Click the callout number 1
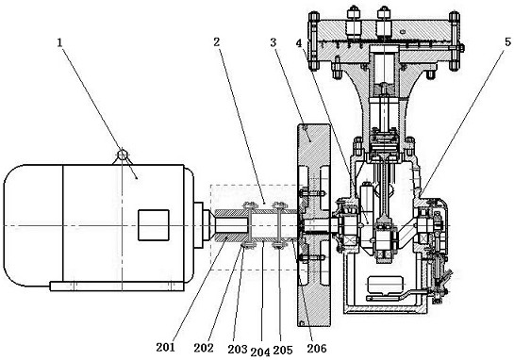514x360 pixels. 59,42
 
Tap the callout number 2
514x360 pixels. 216,41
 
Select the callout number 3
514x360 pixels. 274,42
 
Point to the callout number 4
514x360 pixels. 299,43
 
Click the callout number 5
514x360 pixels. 507,41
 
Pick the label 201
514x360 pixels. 166,347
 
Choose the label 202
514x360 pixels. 204,348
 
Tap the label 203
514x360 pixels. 238,350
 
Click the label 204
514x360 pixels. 260,352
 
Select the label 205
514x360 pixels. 283,350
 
